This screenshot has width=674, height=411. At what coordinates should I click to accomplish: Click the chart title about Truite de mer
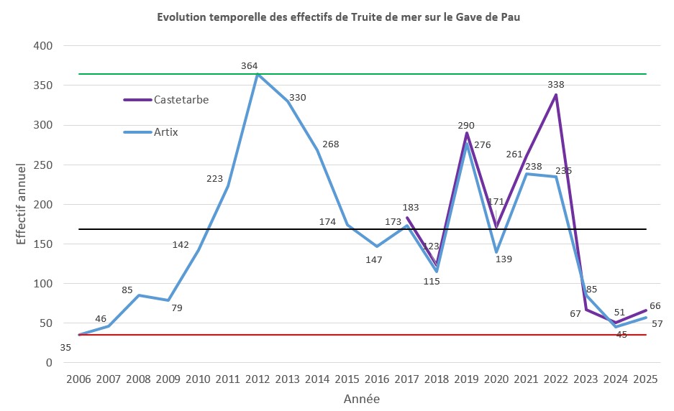tap(338, 17)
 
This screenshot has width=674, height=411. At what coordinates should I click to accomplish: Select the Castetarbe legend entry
tap(181, 100)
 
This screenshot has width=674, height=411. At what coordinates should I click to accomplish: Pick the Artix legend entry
tap(165, 131)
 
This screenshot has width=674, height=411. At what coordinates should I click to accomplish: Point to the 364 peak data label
tap(250, 66)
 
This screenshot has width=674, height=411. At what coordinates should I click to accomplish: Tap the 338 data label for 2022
tap(555, 84)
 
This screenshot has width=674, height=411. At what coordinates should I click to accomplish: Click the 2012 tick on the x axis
tap(257, 379)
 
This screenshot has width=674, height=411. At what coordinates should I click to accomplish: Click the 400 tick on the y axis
tap(44, 46)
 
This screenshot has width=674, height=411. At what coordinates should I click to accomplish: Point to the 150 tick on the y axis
tap(44, 244)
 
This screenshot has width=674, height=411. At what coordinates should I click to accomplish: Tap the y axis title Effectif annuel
tap(22, 205)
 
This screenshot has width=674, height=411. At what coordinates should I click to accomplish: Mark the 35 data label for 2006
tap(65, 348)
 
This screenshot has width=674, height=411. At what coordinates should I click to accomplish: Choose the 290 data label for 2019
tap(466, 125)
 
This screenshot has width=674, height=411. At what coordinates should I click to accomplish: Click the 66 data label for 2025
tap(655, 306)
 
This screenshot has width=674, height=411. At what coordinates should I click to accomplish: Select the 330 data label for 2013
tap(297, 98)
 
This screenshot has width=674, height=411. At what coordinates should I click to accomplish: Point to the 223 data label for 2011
tap(215, 179)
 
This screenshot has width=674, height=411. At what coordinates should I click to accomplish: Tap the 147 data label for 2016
tap(373, 259)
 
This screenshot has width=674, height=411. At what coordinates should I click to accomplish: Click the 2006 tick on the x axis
tap(78, 379)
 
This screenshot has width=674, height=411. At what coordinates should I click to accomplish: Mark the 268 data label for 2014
tap(330, 144)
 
